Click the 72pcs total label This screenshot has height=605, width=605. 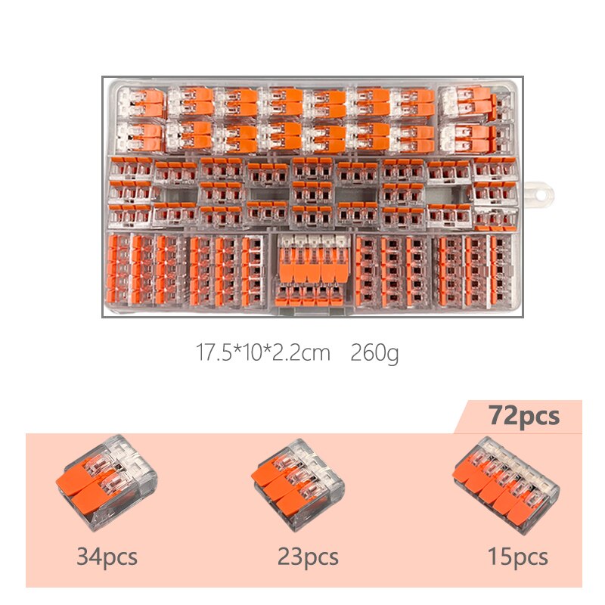click(523, 417)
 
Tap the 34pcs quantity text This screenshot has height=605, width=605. click(107, 558)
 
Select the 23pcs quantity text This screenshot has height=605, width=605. click(308, 558)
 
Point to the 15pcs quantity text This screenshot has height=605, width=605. click(517, 558)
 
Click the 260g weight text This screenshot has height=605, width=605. click(374, 353)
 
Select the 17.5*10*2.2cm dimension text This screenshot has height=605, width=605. click(262, 353)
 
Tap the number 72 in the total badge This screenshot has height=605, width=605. click(501, 417)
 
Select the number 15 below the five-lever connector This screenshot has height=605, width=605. click(499, 558)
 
